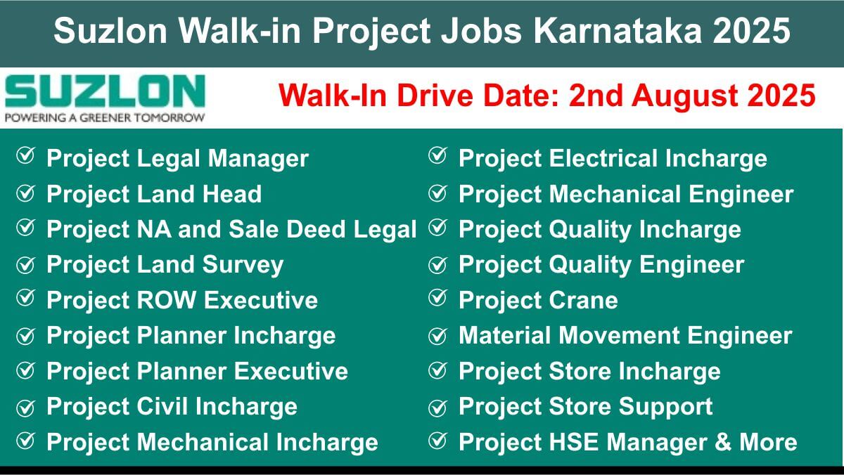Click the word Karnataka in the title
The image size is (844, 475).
(x=618, y=30)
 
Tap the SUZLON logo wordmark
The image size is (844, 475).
(x=105, y=91)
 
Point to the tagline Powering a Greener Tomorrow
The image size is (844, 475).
(x=105, y=118)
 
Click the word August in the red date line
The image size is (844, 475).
(x=684, y=96)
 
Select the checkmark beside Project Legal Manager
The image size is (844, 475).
(x=25, y=155)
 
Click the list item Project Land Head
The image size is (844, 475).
(x=154, y=194)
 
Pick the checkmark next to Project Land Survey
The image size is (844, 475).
(x=25, y=265)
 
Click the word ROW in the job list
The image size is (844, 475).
(x=166, y=300)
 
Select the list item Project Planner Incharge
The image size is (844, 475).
(x=191, y=336)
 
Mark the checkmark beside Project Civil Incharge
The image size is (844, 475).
(x=25, y=408)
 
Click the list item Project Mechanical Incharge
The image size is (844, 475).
(x=212, y=442)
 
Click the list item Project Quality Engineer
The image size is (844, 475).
(x=601, y=265)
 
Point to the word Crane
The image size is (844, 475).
(x=583, y=300)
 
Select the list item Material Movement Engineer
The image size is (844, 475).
(x=625, y=335)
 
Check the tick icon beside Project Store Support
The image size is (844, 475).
(x=437, y=408)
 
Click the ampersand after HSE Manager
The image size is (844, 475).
(x=723, y=442)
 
